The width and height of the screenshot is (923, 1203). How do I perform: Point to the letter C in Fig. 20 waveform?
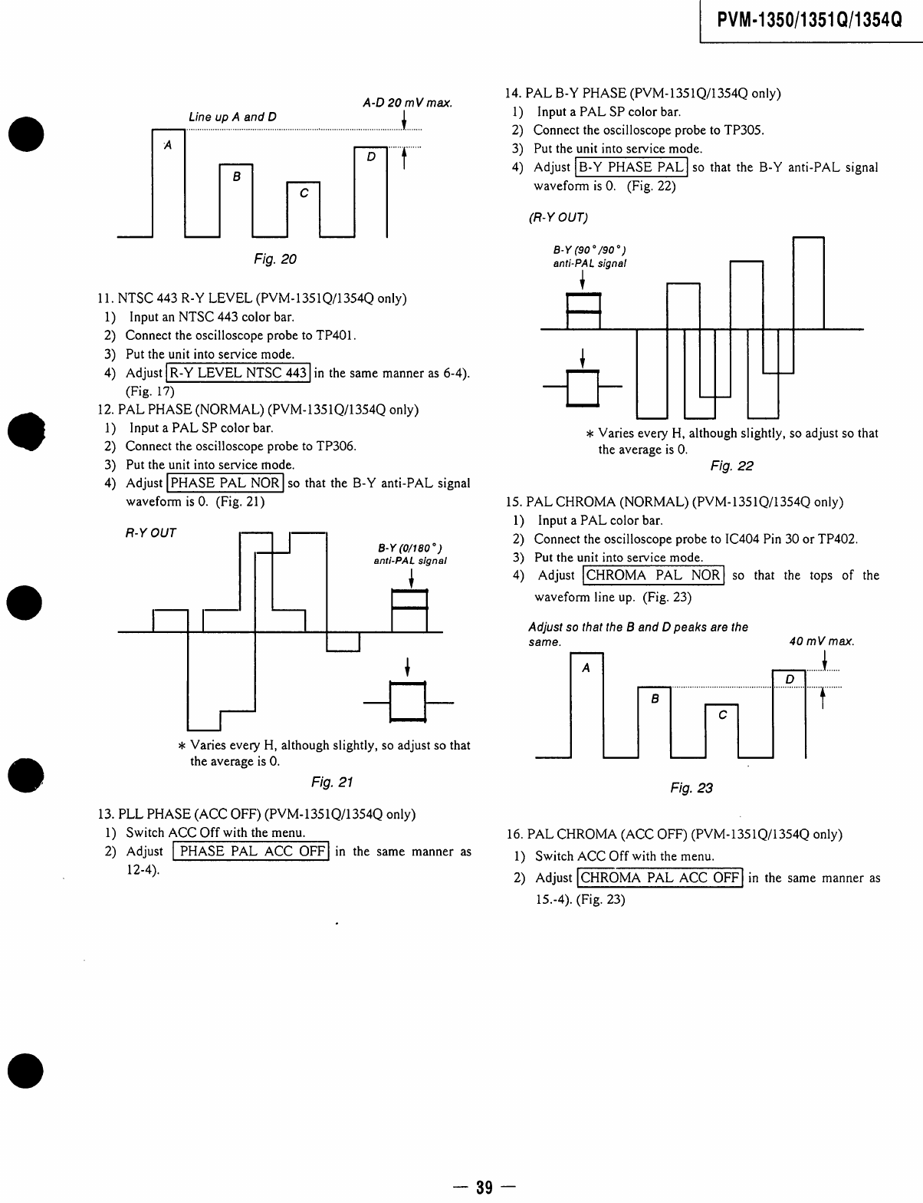[x=304, y=193]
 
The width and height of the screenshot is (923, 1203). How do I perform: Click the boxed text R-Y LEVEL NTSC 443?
[x=238, y=374]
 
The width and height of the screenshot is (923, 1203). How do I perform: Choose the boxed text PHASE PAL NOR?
[x=225, y=483]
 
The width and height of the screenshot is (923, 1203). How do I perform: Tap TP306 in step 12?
[x=337, y=447]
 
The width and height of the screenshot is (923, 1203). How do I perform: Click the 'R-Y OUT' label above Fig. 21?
[x=150, y=532]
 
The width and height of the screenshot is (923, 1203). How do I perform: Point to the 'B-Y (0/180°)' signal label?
[x=409, y=548]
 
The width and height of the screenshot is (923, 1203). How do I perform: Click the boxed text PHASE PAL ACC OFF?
[x=252, y=852]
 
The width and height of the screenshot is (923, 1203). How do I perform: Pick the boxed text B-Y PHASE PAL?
[x=631, y=167]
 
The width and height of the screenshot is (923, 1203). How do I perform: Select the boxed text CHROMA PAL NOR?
[x=653, y=575]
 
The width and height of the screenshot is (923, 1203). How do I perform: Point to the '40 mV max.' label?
[x=822, y=641]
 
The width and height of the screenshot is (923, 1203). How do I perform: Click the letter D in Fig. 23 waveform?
[x=790, y=680]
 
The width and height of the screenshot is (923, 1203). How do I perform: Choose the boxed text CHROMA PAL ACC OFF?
[x=660, y=878]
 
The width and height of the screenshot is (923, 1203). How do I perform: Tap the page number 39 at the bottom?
[x=483, y=1188]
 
